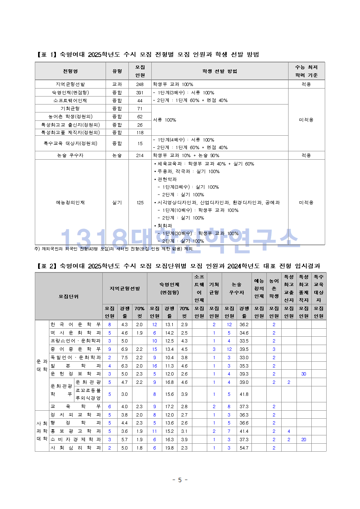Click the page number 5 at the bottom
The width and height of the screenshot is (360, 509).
pyautogui.click(x=180, y=480)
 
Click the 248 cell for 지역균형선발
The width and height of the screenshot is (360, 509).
pyautogui.click(x=140, y=84)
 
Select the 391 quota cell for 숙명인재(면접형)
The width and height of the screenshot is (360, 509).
pyautogui.click(x=140, y=93)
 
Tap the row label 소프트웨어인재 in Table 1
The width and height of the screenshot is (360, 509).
pyautogui.click(x=70, y=100)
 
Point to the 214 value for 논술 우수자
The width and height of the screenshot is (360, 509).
pyautogui.click(x=140, y=155)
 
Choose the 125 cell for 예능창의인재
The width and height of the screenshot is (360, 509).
pyautogui.click(x=140, y=202)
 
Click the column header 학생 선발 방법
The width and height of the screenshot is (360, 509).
pyautogui.click(x=220, y=71)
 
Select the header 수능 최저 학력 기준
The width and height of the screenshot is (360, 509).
pyautogui.click(x=306, y=71)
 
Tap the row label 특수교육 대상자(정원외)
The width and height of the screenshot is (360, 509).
pyautogui.click(x=70, y=143)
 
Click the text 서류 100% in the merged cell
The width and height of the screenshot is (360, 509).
pyautogui.click(x=164, y=120)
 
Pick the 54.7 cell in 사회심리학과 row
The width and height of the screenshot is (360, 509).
pyautogui.click(x=244, y=448)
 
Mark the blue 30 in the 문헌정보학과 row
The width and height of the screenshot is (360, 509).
pyautogui.click(x=304, y=374)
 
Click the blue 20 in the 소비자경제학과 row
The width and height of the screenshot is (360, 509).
pyautogui.click(x=304, y=440)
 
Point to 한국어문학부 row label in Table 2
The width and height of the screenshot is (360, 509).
pyautogui.click(x=75, y=325)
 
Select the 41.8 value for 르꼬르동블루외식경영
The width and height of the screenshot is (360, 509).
pyautogui.click(x=244, y=394)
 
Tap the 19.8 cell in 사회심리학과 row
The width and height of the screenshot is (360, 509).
pyautogui.click(x=169, y=448)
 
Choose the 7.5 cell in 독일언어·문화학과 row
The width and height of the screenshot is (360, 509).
pyautogui.click(x=124, y=358)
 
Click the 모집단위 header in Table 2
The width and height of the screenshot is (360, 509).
pyautogui.click(x=69, y=296)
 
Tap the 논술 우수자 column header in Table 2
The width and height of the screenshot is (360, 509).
pyautogui.click(x=237, y=288)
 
